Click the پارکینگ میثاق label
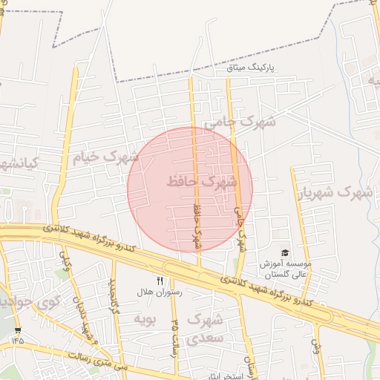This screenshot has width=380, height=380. coord(250,67)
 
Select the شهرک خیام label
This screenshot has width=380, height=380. coord(105,157)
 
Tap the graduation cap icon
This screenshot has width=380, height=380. coord(283,254)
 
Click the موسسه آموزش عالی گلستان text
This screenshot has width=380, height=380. coord(285,269)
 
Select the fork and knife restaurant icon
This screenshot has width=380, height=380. coord(159,281)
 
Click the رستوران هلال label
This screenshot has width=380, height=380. coord(155,292)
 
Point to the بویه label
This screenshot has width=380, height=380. coord(144,319)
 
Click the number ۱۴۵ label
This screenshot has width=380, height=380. coord(17,340)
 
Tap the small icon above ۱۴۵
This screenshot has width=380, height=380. coord(18,330)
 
